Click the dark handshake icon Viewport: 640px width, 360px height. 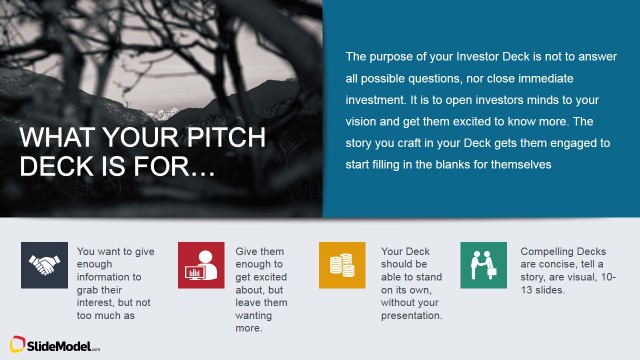point(44,265)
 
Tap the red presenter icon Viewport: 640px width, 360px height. point(201,265)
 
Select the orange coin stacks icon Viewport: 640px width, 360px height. point(342,265)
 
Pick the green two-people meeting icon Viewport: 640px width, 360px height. point(483,265)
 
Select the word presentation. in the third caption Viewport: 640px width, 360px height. point(412,315)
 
